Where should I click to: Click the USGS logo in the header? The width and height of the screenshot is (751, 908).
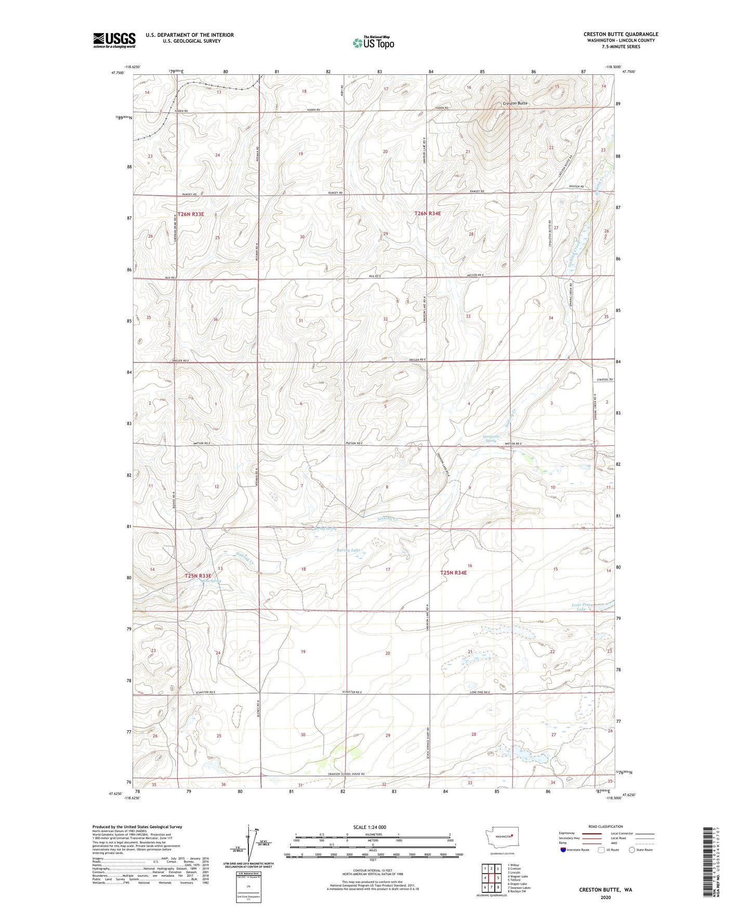(114, 40)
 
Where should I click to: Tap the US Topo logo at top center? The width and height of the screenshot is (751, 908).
(373, 43)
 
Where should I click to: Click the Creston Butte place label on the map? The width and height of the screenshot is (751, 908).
(515, 103)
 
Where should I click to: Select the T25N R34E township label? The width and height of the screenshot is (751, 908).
(454, 573)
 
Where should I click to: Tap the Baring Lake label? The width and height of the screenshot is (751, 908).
(348, 550)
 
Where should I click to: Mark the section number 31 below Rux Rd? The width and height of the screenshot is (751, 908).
(300, 321)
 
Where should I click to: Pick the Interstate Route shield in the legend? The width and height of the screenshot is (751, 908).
(563, 850)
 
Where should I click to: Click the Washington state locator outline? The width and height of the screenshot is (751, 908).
(500, 838)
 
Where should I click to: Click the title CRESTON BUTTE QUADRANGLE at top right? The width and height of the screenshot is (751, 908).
(621, 34)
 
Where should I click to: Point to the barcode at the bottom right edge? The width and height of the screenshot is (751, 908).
(707, 861)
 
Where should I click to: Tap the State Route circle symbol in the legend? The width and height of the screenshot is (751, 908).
(633, 850)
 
